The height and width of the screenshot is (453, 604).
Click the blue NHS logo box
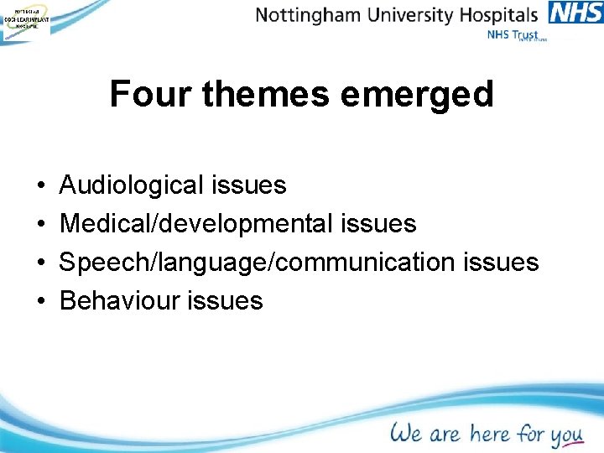pos(575,13)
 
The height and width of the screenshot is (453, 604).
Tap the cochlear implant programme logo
pos(25,19)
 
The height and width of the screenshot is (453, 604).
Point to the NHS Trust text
pos(513,35)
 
